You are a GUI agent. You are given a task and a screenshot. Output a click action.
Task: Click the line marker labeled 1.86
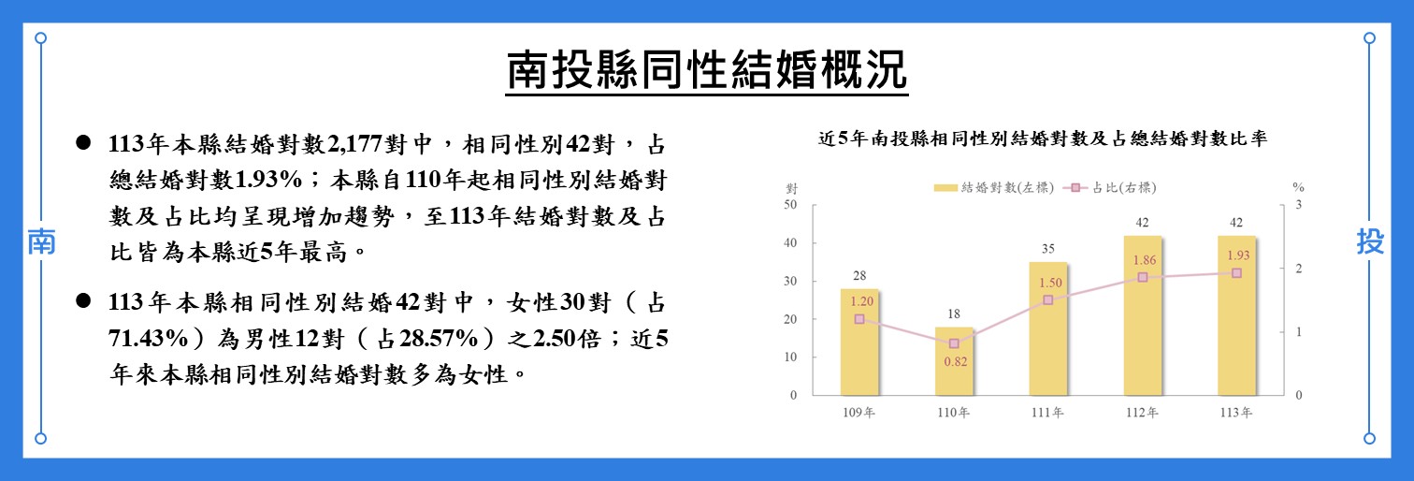(x=1143, y=277)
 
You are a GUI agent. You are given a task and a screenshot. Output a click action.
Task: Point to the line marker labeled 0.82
(x=954, y=343)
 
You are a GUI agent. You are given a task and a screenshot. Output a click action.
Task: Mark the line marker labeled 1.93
(x=1236, y=273)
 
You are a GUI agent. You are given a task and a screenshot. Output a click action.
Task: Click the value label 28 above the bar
(x=859, y=276)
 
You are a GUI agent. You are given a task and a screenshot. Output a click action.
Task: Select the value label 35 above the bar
(x=1048, y=249)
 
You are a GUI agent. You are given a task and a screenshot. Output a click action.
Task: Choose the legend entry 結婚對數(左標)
(x=993, y=187)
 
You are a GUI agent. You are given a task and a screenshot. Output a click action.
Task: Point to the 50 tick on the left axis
(x=791, y=205)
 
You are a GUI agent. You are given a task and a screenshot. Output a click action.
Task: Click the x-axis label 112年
(x=1143, y=413)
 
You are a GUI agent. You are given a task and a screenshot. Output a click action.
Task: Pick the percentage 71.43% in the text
(x=152, y=339)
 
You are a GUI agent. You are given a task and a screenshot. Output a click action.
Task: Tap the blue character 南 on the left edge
(x=40, y=242)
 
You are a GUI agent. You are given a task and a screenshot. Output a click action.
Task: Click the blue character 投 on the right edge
(x=1370, y=242)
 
